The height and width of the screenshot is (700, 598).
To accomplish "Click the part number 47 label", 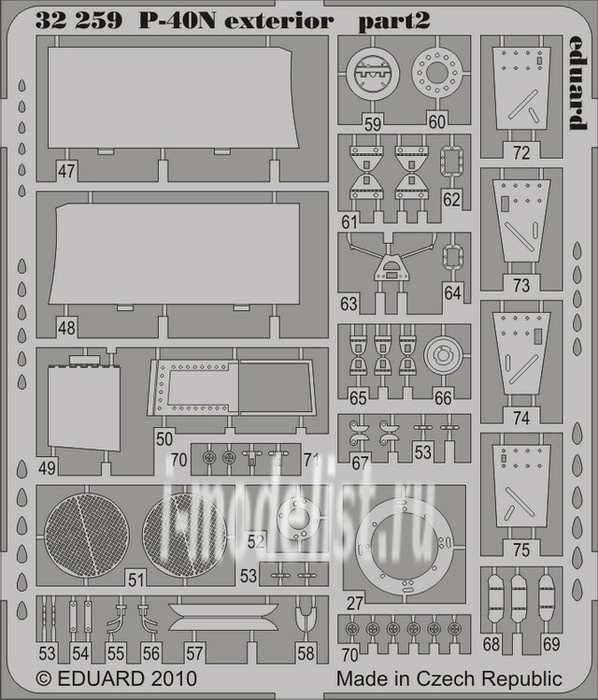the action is coord(66,171).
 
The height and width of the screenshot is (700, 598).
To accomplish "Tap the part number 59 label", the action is coord(373,124).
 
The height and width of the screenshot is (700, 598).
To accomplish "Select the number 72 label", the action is coord(521,153).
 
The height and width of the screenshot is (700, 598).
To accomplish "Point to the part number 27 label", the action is coord(355,604).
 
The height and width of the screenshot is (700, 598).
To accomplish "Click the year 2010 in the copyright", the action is coord(174,679).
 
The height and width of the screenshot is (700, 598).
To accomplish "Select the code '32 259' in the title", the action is coord(79,21).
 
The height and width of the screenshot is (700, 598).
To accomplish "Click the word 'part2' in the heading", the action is coord(394,21).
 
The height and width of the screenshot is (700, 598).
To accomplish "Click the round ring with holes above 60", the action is coord(437,73).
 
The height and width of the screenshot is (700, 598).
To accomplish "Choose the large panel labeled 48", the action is coord(174,254).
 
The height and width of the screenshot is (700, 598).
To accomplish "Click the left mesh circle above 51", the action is coord(87,535).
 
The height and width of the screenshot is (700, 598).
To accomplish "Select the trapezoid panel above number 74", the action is coord(520,354).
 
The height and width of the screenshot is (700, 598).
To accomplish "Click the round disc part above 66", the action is coord(442,356).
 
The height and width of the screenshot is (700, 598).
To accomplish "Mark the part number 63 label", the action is coord(349,304).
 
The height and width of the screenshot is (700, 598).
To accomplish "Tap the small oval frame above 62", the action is coord(452,162).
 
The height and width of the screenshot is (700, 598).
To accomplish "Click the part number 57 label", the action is coord(195,654).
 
